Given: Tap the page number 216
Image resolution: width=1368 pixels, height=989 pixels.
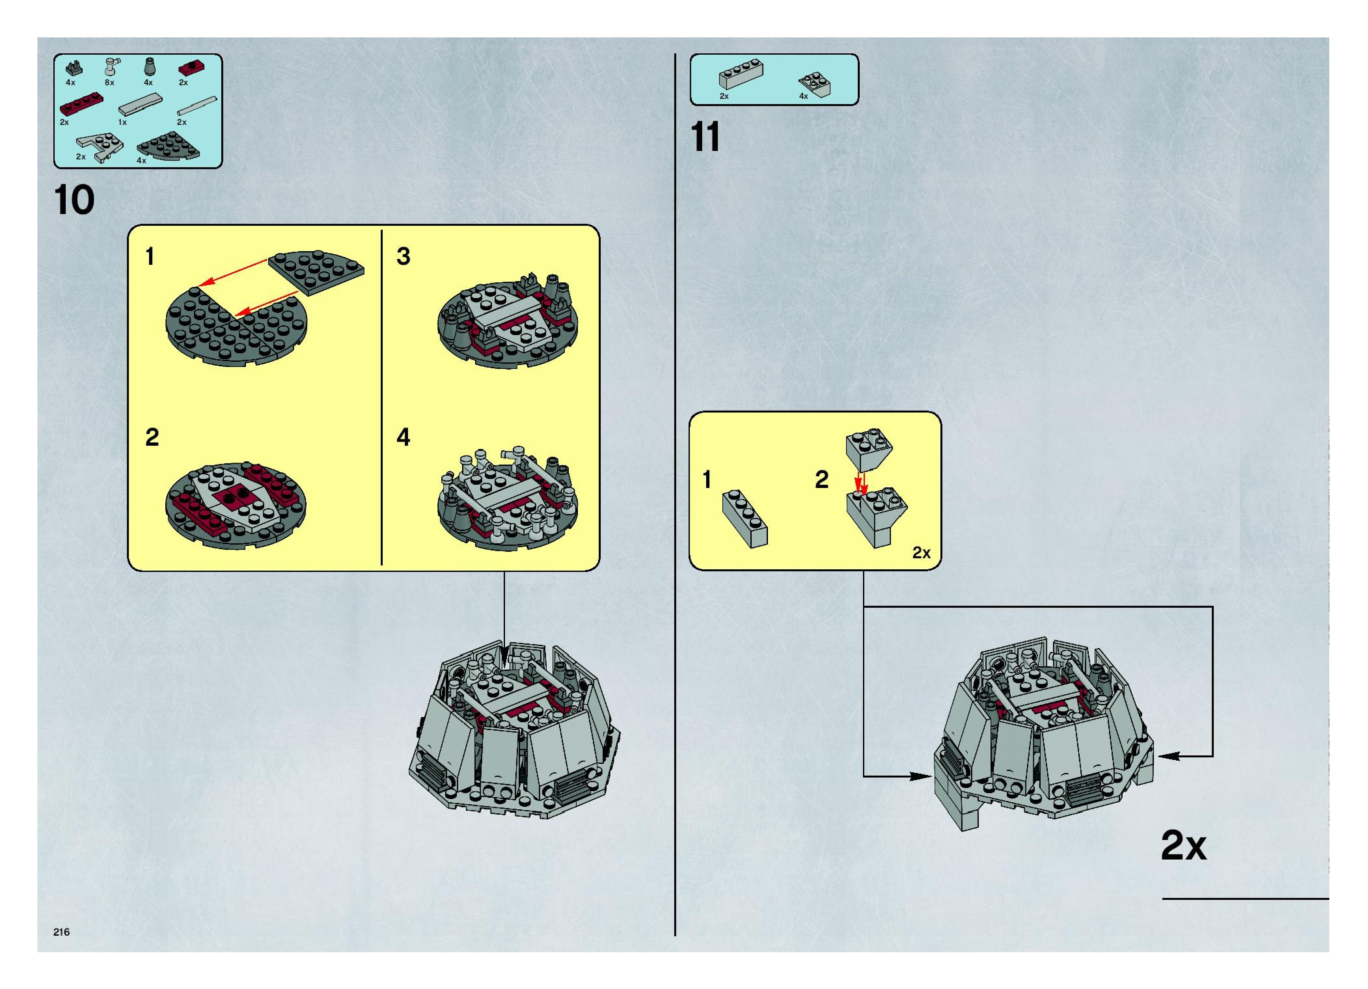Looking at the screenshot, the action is (x=62, y=932).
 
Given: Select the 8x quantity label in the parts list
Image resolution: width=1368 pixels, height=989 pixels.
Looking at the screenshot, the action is (x=109, y=83).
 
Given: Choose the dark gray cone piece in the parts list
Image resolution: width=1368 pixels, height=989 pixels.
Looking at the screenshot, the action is (x=148, y=67).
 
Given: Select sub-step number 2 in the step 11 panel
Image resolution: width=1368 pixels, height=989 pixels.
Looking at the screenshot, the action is (x=822, y=480).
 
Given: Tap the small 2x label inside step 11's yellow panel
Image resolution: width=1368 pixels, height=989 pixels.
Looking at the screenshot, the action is (x=921, y=552).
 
